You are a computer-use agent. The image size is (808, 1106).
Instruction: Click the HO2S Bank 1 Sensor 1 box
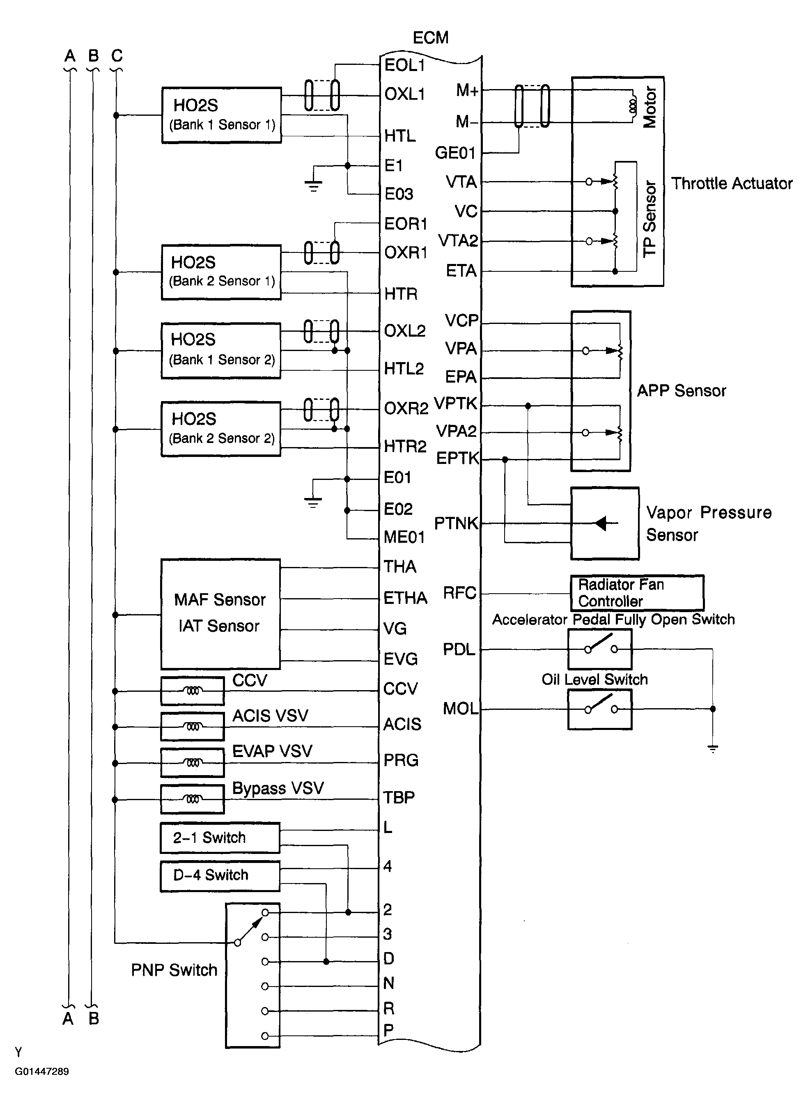222,115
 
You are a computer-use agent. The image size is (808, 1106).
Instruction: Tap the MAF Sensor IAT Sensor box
220,614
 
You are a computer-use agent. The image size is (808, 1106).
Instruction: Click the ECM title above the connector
430,38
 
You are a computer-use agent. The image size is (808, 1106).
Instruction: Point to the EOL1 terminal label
404,65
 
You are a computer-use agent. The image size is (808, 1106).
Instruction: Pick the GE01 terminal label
455,153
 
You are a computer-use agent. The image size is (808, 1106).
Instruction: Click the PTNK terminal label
456,523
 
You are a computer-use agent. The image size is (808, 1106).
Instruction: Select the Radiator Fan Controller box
637,592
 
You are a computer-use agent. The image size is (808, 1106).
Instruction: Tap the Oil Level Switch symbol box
600,709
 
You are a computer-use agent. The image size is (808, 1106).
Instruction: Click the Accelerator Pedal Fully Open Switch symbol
600,649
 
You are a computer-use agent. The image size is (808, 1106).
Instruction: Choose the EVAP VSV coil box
192,763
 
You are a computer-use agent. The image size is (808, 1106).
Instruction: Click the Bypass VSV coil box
192,799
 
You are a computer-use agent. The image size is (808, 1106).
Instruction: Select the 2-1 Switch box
220,838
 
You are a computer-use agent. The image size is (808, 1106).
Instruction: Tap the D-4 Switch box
220,875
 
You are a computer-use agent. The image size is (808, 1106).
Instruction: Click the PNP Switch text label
174,970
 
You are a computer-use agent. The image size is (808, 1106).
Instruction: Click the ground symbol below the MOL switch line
713,748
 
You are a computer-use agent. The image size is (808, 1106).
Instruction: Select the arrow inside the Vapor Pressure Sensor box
601,523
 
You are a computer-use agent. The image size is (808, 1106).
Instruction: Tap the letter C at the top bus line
117,55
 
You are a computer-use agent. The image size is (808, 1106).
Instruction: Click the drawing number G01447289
41,1071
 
